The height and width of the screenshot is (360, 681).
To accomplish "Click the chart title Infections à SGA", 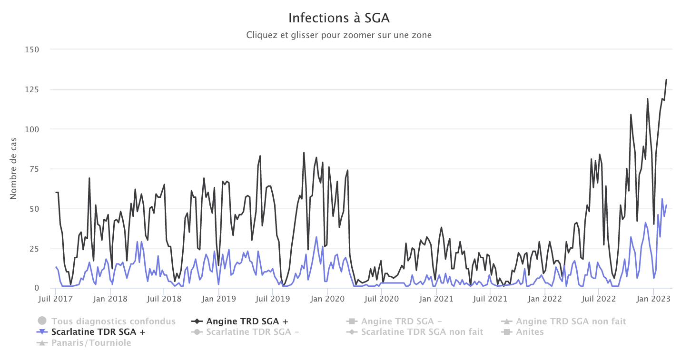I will [x=339, y=19].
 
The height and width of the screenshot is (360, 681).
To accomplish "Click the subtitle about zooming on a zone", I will [x=339, y=35].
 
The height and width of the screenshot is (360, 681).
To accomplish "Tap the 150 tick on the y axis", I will [x=32, y=49].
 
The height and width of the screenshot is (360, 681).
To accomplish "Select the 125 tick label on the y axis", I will [x=32, y=89].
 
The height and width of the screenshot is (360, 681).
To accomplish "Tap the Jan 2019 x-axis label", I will [x=217, y=299].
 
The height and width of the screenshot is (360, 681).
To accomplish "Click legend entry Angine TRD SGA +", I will [x=247, y=321].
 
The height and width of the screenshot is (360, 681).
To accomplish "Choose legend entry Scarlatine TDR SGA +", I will [x=98, y=332].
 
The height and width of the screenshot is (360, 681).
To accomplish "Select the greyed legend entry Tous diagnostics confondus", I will [x=113, y=321].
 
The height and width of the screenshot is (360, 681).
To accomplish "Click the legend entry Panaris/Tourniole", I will [x=91, y=342].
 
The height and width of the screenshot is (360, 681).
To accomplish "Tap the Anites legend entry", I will [x=530, y=332].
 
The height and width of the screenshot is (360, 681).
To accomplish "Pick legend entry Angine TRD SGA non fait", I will [x=571, y=321].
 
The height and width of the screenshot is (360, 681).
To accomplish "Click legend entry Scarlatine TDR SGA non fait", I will [x=422, y=332].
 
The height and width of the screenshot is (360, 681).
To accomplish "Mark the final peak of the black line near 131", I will [x=666, y=80].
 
